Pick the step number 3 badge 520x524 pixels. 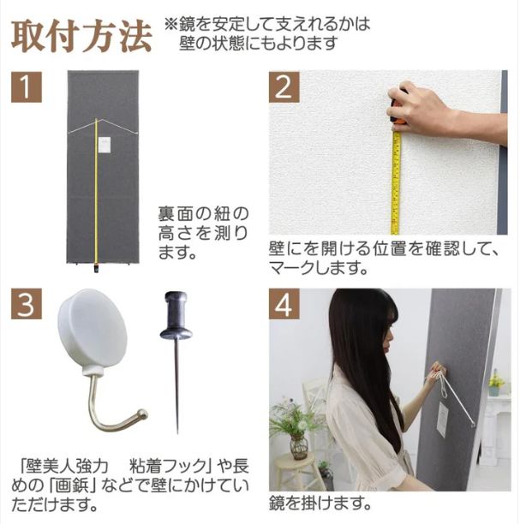[27, 303]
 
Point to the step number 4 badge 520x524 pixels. [284, 303]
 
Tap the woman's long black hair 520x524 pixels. [364, 360]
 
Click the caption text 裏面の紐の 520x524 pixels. [203, 212]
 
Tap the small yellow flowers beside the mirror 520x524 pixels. [496, 378]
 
